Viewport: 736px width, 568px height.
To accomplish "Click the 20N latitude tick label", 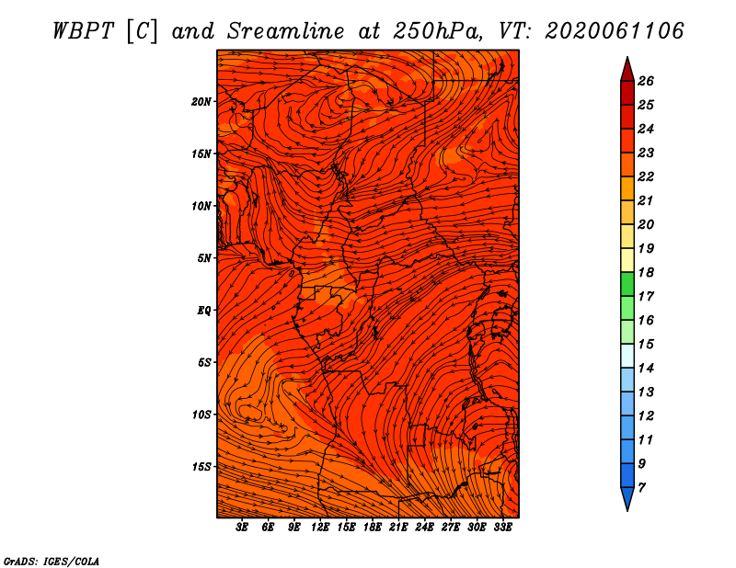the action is point(201,102).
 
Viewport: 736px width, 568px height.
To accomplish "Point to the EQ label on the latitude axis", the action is point(203,311).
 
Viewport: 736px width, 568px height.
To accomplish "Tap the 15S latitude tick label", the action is point(201,467).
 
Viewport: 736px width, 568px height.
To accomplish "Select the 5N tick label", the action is point(204,258).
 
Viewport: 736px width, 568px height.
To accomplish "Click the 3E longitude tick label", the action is point(242,528).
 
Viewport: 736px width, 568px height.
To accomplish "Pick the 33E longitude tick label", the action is point(502,528).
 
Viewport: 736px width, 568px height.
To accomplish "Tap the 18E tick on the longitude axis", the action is point(373,528).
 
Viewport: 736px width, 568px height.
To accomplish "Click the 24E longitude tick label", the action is point(424,528).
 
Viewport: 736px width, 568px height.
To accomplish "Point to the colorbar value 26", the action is point(646,81).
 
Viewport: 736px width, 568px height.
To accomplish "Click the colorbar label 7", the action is point(641,488).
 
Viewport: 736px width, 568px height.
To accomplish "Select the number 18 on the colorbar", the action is point(646,272).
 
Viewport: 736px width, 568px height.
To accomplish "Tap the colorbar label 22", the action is point(646,176).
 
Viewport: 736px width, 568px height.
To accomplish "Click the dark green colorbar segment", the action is point(627,284).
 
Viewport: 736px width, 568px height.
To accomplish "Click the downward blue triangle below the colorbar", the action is point(627,497).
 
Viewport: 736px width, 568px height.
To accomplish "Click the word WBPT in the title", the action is point(83,32).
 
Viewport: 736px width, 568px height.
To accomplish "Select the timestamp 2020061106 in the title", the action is point(614,31).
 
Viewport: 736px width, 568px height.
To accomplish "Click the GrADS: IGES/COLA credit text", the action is point(52,561).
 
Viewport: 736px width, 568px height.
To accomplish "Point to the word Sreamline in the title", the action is point(286,32).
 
